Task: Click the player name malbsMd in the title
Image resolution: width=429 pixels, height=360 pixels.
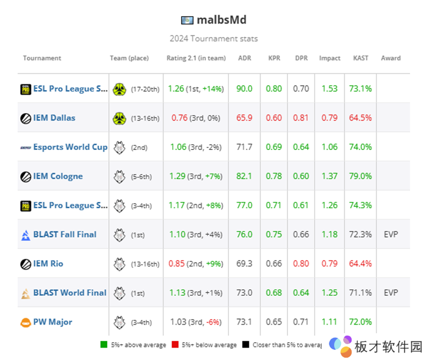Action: coord(221,20)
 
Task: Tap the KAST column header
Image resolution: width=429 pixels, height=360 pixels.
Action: coord(361,58)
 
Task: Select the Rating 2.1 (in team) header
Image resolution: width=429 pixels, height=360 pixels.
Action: coord(196,58)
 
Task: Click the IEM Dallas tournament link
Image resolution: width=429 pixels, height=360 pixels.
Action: coord(54,118)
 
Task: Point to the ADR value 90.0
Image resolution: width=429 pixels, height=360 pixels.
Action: coord(245,88)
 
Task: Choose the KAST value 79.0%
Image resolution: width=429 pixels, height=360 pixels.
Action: coord(360,176)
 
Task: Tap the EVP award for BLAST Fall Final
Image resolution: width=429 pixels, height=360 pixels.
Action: coord(391,234)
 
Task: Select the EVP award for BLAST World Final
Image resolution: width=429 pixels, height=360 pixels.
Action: coord(391,292)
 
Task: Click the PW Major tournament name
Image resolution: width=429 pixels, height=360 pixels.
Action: coord(53,322)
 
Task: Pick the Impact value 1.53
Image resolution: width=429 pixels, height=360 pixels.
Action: coord(329,88)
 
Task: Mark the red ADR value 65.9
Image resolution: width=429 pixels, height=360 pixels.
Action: coord(245,118)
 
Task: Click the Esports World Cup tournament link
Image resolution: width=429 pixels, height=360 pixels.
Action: coord(70,147)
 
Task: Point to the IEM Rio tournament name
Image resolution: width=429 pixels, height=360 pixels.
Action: coord(48,264)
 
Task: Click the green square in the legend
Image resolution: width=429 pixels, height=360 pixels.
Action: coord(103,344)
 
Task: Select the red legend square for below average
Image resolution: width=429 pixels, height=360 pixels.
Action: coord(174,344)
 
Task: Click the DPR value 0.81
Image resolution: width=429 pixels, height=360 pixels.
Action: coord(301,118)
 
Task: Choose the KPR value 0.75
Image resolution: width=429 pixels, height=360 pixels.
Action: coord(274,234)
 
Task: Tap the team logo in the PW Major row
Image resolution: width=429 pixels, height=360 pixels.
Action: coord(120,322)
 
